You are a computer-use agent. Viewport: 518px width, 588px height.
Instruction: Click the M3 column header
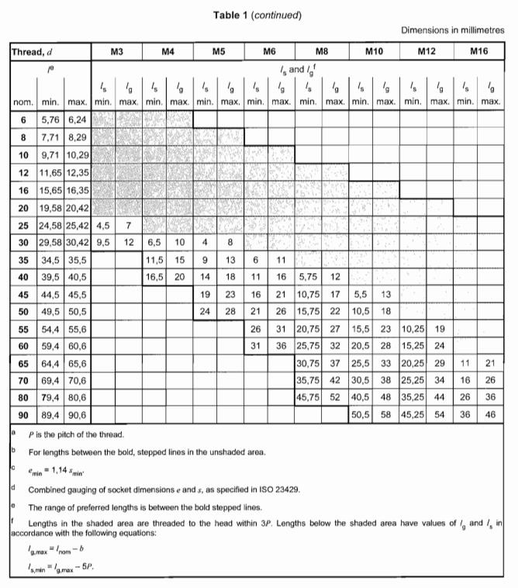[117, 52]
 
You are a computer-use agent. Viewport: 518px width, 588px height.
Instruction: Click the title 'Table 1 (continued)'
[258, 15]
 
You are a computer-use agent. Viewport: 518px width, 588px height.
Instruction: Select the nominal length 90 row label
[24, 416]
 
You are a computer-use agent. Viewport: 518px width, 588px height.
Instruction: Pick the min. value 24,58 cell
[51, 226]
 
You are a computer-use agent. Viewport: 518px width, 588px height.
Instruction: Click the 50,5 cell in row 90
[361, 416]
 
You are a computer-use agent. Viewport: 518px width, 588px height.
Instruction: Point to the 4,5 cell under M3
[103, 226]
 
